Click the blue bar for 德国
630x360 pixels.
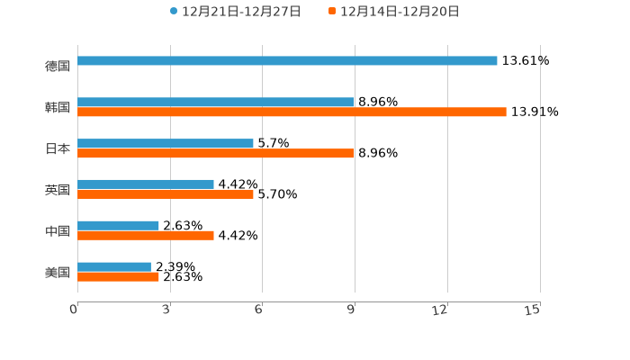[287, 61]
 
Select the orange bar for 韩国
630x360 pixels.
[292, 112]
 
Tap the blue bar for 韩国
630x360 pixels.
[216, 103]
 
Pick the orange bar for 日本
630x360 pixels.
[216, 154]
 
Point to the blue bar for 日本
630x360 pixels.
[166, 143]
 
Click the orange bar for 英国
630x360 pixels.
[166, 194]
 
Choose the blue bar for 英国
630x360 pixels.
[146, 184]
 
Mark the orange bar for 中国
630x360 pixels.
[146, 236]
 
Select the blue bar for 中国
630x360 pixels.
[118, 226]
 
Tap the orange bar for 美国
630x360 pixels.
[118, 277]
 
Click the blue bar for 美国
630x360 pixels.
[114, 266]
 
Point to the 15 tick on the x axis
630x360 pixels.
[533, 310]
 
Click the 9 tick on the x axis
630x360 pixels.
[353, 310]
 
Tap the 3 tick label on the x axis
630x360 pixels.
[167, 310]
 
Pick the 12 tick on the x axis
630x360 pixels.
[440, 310]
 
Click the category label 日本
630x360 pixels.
[58, 148]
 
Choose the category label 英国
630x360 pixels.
[58, 190]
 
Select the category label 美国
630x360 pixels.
[58, 272]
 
